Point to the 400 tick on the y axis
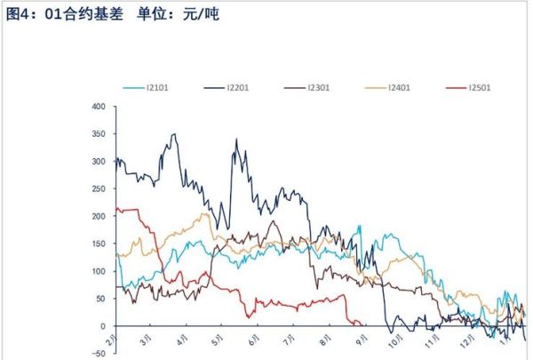tap(98, 108)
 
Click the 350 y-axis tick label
tap(98, 135)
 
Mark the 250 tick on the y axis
tap(98, 189)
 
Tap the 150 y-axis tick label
tap(98, 244)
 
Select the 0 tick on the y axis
tap(102, 326)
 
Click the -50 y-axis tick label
tap(98, 353)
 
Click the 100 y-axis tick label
tap(98, 271)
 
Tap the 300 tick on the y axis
tap(98, 162)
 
